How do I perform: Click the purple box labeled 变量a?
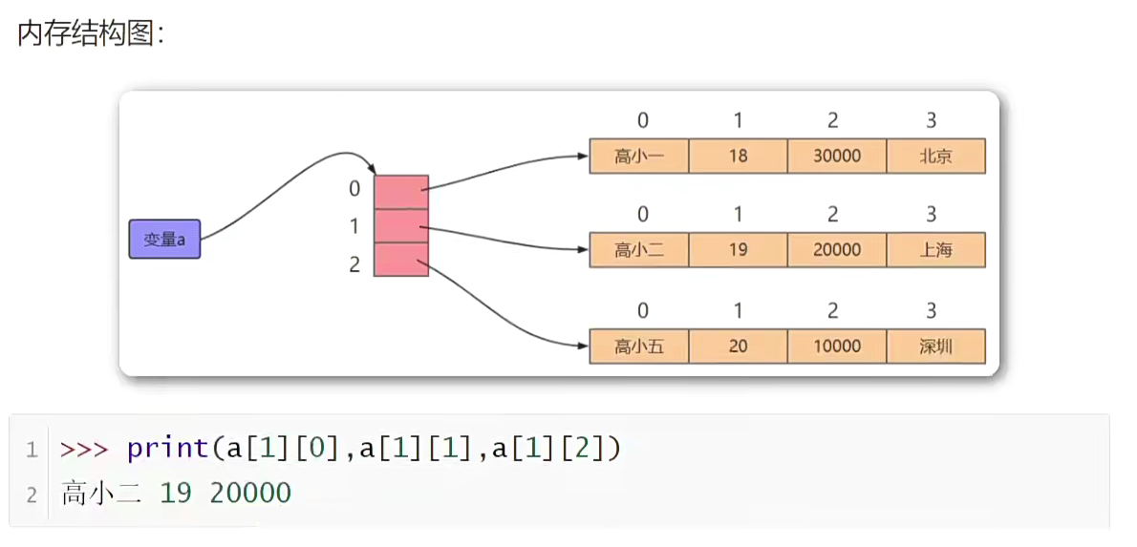click(164, 240)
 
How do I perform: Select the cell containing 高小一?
click(639, 157)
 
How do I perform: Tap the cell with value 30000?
click(837, 157)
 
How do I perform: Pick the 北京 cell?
click(935, 157)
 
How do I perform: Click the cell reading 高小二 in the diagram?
click(639, 250)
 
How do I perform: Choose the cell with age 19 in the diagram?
click(738, 250)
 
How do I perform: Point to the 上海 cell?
click(935, 250)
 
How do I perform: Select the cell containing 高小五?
click(639, 347)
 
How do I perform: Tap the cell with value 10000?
click(837, 347)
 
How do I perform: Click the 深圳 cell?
click(935, 347)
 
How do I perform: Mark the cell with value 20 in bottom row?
click(738, 347)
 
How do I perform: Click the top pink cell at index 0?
click(401, 192)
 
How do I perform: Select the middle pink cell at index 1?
click(401, 226)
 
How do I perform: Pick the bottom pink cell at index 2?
click(401, 260)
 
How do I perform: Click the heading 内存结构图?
click(91, 35)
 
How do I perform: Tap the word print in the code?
click(167, 448)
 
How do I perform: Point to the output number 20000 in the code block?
click(250, 494)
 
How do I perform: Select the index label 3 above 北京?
click(932, 121)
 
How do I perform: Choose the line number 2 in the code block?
click(32, 494)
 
